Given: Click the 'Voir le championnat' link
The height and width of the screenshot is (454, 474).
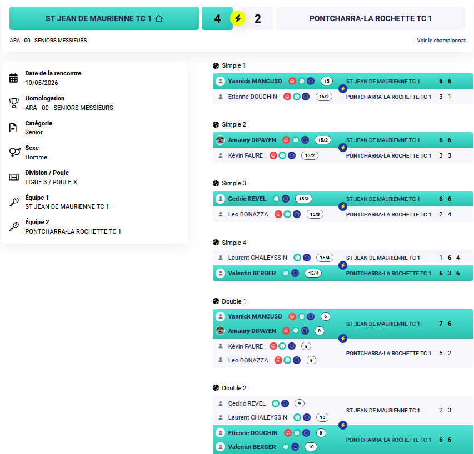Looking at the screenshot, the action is [x=441, y=40].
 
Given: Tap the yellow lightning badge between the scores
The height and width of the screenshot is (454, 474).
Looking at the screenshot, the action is [x=238, y=18].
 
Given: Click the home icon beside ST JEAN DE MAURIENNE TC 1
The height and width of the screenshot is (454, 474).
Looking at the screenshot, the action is [x=159, y=18].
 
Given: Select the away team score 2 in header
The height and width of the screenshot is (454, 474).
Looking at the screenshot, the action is [x=257, y=19].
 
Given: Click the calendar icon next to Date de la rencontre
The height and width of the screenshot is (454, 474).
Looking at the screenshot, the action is [x=13, y=78].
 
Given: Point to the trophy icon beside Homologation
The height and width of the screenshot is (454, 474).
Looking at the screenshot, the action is [x=14, y=103].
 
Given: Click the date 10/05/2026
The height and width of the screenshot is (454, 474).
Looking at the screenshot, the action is [x=42, y=83].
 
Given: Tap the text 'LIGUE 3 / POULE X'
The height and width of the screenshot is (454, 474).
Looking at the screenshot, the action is [x=51, y=182].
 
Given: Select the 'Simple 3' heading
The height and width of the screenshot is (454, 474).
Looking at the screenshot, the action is [x=234, y=183].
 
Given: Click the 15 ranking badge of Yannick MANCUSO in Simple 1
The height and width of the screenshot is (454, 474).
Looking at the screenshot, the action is [x=327, y=81].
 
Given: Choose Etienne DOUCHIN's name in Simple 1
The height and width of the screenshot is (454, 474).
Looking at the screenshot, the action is [x=252, y=97].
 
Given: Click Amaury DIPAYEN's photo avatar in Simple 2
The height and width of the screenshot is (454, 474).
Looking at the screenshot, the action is [x=221, y=140].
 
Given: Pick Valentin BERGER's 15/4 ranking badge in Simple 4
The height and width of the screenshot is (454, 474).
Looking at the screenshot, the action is [x=313, y=273].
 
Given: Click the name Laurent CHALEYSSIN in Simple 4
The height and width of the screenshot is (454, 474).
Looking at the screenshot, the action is [x=257, y=258].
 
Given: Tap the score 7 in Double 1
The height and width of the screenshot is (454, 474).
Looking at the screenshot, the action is [x=441, y=324].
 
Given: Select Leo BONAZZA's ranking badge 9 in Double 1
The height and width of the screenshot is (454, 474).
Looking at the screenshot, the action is [x=311, y=360].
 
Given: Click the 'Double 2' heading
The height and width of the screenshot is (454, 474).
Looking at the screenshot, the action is [x=234, y=388].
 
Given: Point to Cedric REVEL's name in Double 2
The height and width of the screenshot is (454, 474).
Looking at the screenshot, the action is [x=247, y=403].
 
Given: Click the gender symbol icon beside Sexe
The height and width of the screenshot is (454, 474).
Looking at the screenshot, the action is [x=15, y=152].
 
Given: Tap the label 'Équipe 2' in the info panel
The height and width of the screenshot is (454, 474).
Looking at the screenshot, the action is [x=37, y=222].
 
